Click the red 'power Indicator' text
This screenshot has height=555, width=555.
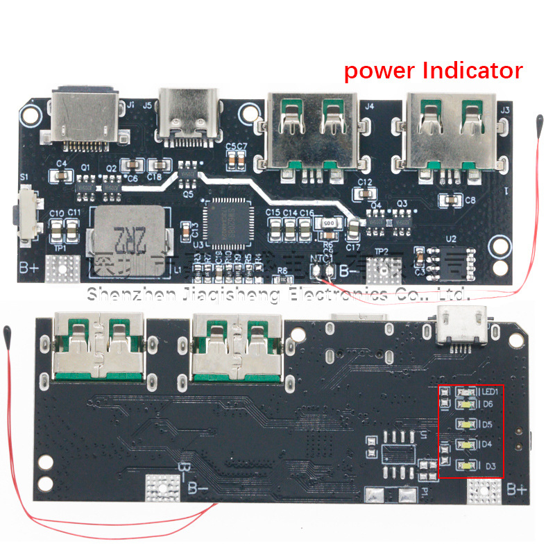433,70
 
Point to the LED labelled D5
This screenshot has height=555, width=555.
466,424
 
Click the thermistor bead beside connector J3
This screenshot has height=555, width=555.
539,123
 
